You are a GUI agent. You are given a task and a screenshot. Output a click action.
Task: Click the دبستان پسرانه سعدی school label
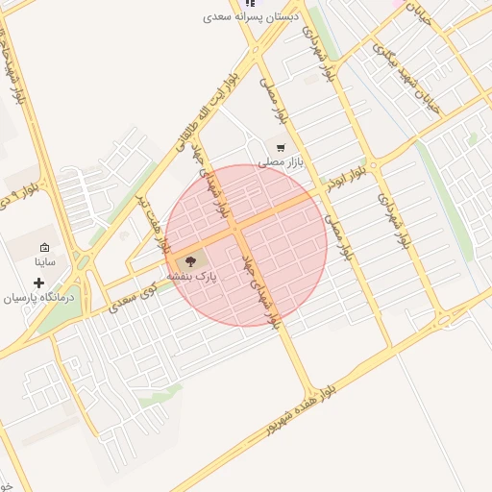tap(252, 16)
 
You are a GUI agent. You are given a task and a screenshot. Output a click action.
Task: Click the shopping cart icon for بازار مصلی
tap(280, 148)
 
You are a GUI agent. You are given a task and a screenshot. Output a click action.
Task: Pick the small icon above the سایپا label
tap(45, 248)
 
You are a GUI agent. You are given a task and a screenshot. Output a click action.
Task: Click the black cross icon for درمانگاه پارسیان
tap(38, 283)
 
